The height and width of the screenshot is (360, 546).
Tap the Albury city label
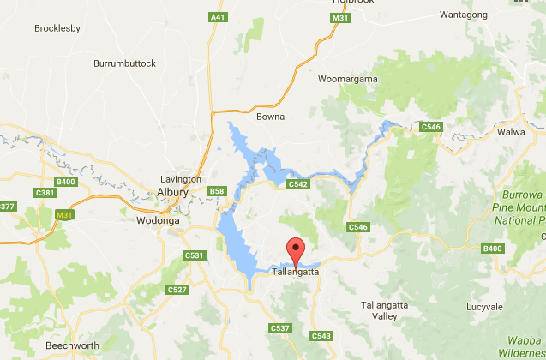[171, 192]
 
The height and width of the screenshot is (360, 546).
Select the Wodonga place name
[159, 220]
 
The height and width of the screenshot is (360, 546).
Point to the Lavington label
[181, 179]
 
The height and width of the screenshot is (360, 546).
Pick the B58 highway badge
[217, 190]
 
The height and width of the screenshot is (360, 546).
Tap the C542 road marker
[298, 184]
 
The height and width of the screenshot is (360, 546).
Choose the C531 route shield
[195, 255]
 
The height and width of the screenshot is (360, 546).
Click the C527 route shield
[177, 290]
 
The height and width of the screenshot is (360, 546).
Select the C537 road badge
[279, 328]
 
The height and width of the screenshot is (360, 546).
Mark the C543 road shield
[321, 335]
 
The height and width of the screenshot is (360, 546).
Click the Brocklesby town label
[57, 28]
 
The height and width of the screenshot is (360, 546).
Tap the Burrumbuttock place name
[124, 63]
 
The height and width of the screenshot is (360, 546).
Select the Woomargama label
[348, 79]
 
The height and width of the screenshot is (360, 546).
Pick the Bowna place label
[270, 117]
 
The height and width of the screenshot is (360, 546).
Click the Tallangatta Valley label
[379, 310]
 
